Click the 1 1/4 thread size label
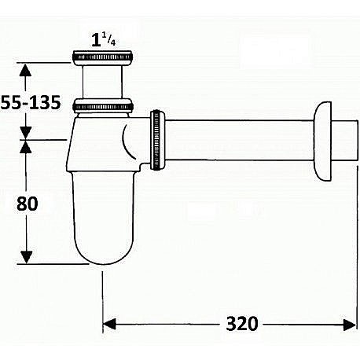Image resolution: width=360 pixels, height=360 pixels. click(104, 40)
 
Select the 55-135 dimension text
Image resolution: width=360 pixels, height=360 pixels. click(31, 102)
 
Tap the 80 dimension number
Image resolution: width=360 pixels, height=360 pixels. click(28, 204)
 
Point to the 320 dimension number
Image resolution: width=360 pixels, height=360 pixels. click(242, 324)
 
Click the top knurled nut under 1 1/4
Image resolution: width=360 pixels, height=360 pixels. click(102, 57)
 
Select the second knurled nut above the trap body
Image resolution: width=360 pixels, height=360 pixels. click(102, 105)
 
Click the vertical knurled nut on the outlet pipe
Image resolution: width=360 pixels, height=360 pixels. click(157, 141)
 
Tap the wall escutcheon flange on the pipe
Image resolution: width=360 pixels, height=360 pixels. click(322, 141)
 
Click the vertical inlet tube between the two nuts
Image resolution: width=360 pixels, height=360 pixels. click(102, 82)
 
